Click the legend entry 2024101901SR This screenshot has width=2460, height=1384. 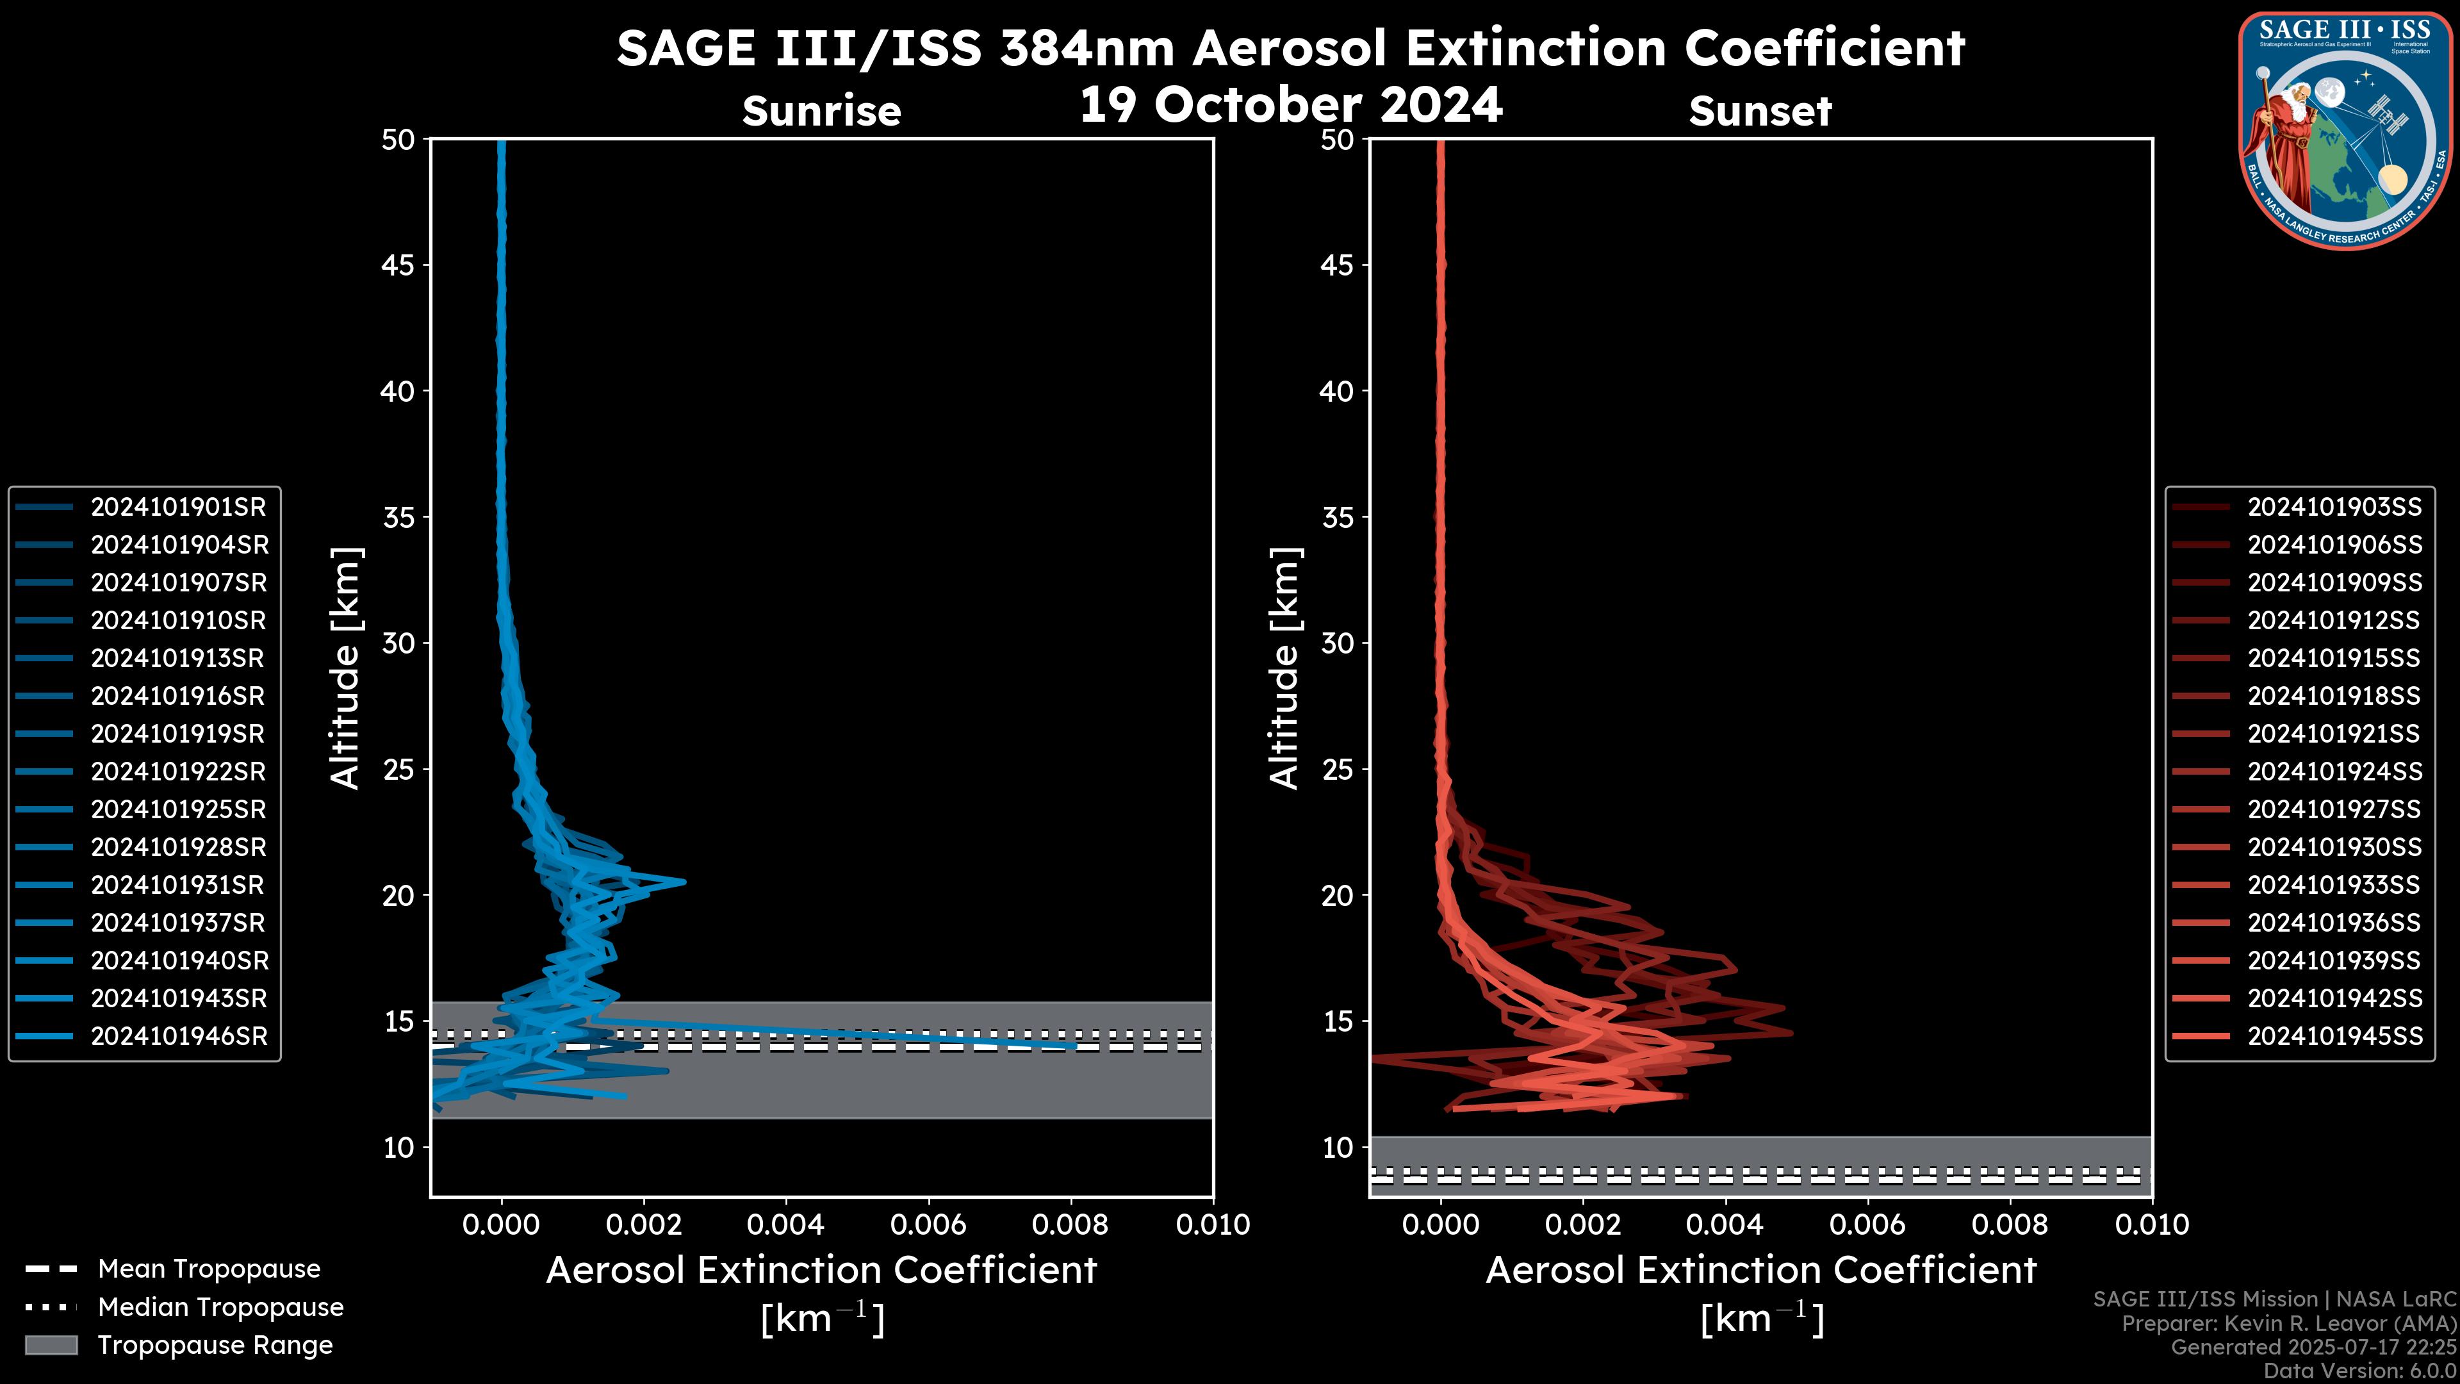coord(177,507)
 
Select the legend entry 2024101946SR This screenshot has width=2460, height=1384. coord(177,1036)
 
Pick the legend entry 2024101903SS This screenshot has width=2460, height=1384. coord(2334,507)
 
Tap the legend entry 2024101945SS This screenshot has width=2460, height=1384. coord(2334,1036)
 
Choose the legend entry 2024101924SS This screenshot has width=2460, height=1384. coord(2334,771)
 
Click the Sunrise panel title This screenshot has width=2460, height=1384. coord(821,111)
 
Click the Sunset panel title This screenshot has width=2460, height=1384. coord(1760,111)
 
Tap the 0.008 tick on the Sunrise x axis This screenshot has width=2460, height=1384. coord(1070,1224)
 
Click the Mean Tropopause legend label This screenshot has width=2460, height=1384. coord(209,1269)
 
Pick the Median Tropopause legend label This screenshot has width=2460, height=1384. coord(220,1308)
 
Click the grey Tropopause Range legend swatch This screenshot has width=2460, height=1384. coord(51,1346)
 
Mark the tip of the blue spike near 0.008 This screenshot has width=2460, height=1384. coord(1076,1046)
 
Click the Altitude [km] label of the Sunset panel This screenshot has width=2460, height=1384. coord(1285,668)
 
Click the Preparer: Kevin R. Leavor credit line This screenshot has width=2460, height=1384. coord(2288,1324)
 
